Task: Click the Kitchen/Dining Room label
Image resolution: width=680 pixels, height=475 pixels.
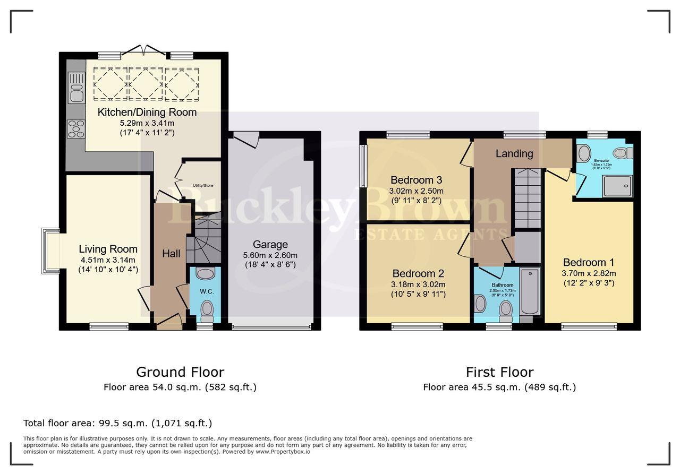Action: pyautogui.click(x=147, y=112)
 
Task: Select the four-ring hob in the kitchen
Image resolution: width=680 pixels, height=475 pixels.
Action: pyautogui.click(x=75, y=129)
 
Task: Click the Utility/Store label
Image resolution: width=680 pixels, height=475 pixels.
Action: pyautogui.click(x=202, y=186)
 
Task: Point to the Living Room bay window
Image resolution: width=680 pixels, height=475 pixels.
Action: pyautogui.click(x=51, y=251)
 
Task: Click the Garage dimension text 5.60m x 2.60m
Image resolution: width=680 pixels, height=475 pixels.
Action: pyautogui.click(x=270, y=255)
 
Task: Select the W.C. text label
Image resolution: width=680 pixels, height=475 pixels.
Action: pyautogui.click(x=206, y=291)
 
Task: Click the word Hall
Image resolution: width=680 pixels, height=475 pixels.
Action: pyautogui.click(x=171, y=254)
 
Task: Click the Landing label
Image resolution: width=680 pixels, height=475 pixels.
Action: pyautogui.click(x=514, y=153)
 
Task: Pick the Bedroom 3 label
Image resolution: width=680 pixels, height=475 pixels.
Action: pyautogui.click(x=416, y=180)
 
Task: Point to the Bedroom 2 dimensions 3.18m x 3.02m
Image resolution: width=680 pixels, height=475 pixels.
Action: pyautogui.click(x=418, y=284)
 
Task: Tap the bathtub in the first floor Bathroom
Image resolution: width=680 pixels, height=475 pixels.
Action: pyautogui.click(x=530, y=292)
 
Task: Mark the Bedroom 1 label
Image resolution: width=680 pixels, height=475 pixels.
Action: pyautogui.click(x=589, y=262)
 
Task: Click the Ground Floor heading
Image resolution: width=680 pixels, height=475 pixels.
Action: pyautogui.click(x=180, y=372)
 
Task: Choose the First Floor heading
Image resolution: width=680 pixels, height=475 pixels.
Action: pyautogui.click(x=499, y=372)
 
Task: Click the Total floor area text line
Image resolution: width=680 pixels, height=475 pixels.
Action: pyautogui.click(x=117, y=423)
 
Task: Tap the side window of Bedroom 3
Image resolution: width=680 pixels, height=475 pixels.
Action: pyautogui.click(x=363, y=166)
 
